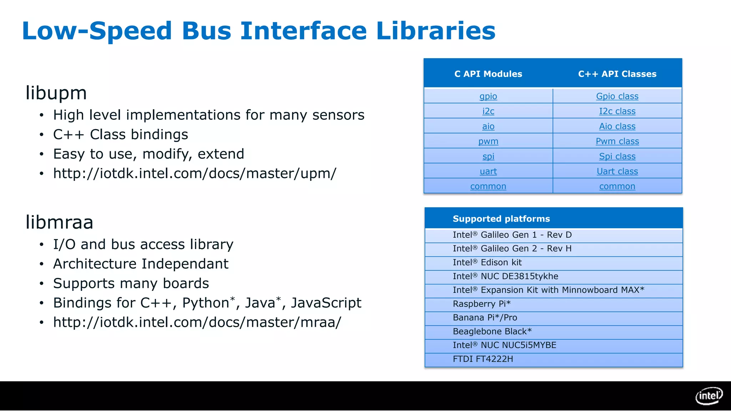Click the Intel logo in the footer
pos(709,396)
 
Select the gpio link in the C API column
pos(488,96)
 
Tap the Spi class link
pos(617,156)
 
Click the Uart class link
pos(617,171)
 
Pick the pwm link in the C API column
pos(488,141)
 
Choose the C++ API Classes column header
pos(617,74)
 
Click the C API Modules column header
pos(488,74)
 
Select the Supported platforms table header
pos(501,219)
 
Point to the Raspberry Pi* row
pos(482,304)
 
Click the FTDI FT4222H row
pos(483,359)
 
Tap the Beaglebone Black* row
pos(492,331)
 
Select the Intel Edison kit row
pos(487,263)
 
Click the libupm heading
pos(56,93)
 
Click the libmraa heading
pos(59,222)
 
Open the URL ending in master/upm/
pos(195,174)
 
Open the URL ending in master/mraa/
pos(197,323)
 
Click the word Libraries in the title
pos(435,31)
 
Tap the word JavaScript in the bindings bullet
pos(326,303)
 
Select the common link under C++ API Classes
pos(617,186)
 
